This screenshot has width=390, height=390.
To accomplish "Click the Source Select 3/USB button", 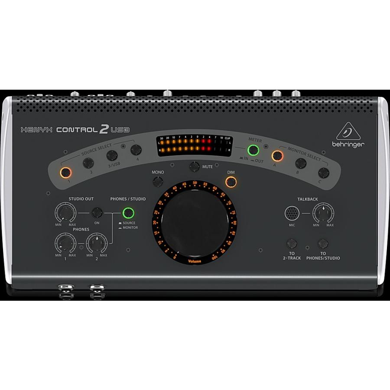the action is coord(112,156).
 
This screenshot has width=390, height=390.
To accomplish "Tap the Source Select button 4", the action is coord(136,150).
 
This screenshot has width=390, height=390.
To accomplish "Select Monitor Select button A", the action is coord(276,155).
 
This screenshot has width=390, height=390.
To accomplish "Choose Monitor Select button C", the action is coord(323,172).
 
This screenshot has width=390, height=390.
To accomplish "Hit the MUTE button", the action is coord(195,166).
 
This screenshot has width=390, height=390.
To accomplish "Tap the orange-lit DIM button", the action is coord(231,182).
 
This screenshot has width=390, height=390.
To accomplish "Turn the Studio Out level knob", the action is coord(65,212).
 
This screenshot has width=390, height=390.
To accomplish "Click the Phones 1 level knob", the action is coord(65,243).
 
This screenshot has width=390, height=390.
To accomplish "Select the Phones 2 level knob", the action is coord(97,243).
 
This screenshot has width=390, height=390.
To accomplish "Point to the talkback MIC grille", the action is coord(292,213).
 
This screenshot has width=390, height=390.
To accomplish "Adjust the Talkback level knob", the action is coord(323,212).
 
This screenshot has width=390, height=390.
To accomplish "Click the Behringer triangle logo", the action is coord(348,131).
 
